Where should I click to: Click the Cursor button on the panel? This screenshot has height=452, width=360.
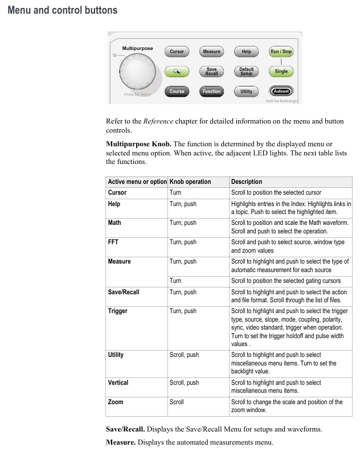pos(177,52)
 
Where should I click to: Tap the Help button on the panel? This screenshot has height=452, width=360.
pos(246,52)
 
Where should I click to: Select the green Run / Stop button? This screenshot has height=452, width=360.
pos(281,52)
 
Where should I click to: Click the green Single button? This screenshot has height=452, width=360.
pos(281,72)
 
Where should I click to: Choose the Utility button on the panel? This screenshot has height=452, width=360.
pos(246,91)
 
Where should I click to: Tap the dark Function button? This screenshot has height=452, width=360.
pos(211,91)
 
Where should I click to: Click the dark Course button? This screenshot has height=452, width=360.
pos(177,91)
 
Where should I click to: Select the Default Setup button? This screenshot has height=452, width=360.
pos(246,72)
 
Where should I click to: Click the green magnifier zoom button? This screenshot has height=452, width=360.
pos(177,72)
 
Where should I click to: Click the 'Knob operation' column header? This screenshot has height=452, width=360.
pos(190,182)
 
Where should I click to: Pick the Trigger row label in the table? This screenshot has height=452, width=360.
pos(118,311)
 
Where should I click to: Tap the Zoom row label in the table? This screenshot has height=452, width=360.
pos(115,402)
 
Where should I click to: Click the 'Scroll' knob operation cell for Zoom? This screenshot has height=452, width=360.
pos(177,402)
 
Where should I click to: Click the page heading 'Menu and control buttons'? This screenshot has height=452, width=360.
pos(63,10)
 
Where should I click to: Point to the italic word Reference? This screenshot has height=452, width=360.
pos(158,121)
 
